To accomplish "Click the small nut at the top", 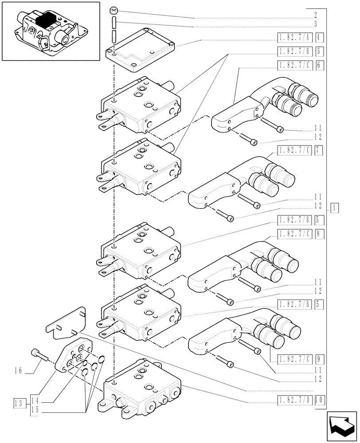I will (x=114, y=10).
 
